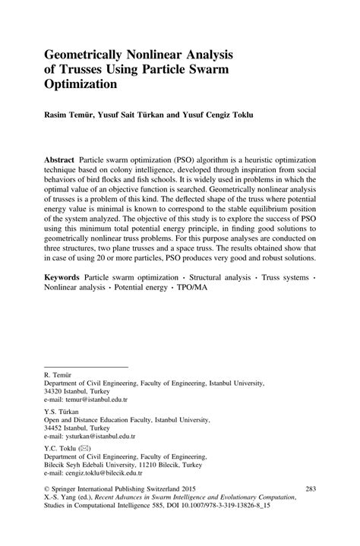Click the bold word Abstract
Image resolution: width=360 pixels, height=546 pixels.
pyautogui.click(x=60, y=163)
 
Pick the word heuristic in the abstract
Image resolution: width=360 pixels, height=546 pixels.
pyautogui.click(x=254, y=163)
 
